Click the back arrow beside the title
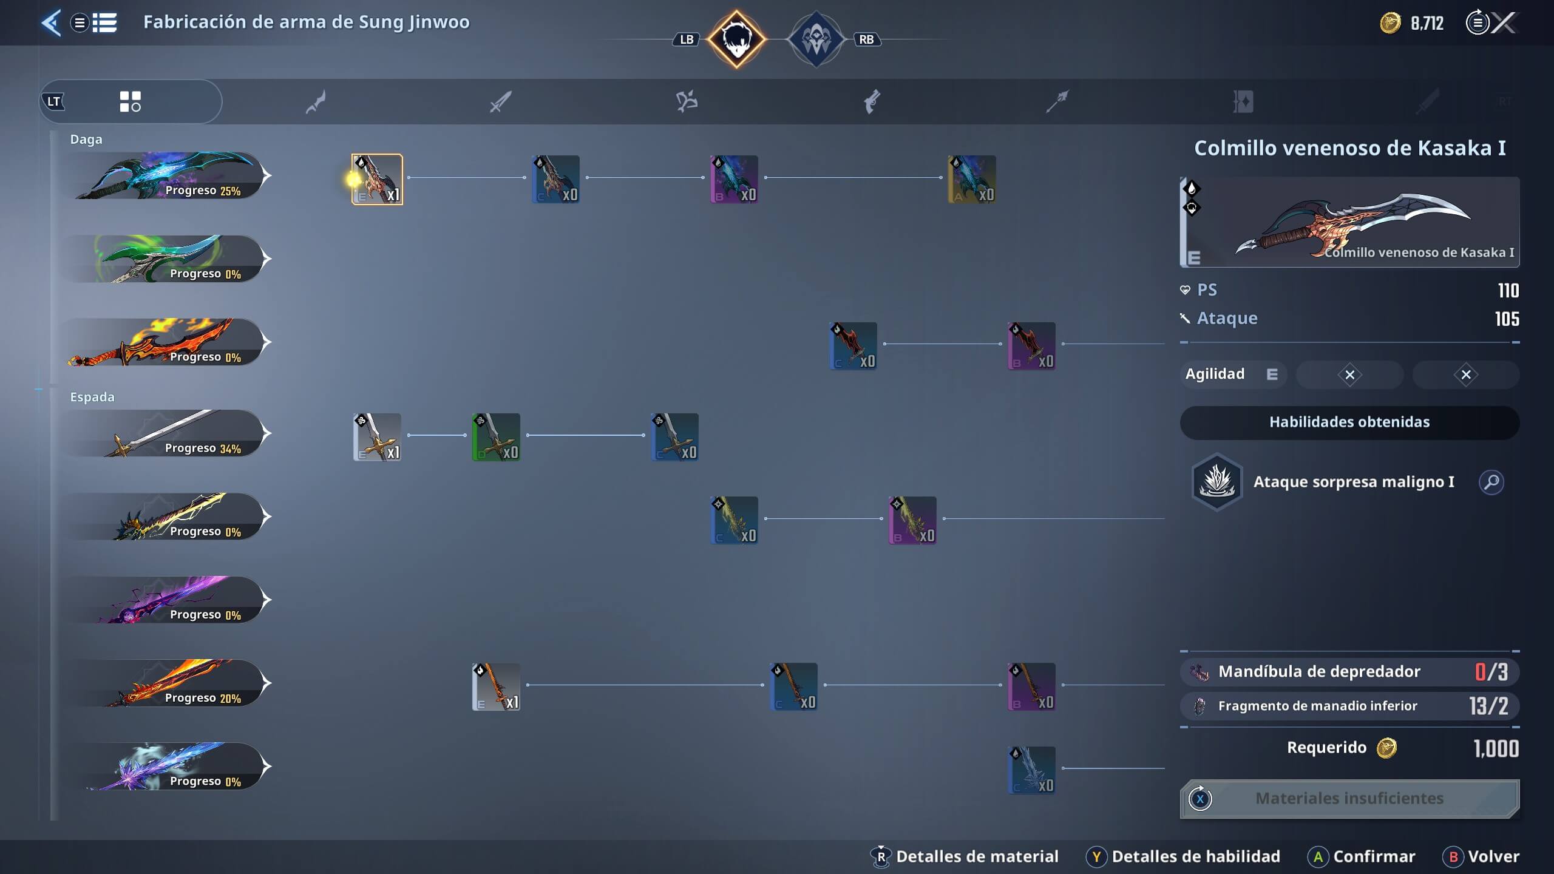pos(52,23)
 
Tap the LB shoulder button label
pos(687,39)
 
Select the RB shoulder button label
pos(866,39)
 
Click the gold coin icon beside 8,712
pos(1390,23)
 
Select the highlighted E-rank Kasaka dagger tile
pos(377,179)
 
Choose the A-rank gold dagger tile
pos(972,179)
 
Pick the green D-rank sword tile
pos(496,437)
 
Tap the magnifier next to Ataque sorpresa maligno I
pos(1491,482)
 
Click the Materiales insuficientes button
pos(1349,798)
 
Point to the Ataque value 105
pos(1507,319)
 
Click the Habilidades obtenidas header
pos(1349,422)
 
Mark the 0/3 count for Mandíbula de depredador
pos(1491,671)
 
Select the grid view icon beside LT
pos(130,101)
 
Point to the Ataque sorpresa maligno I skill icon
pos(1216,482)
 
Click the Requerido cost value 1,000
pos(1496,748)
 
